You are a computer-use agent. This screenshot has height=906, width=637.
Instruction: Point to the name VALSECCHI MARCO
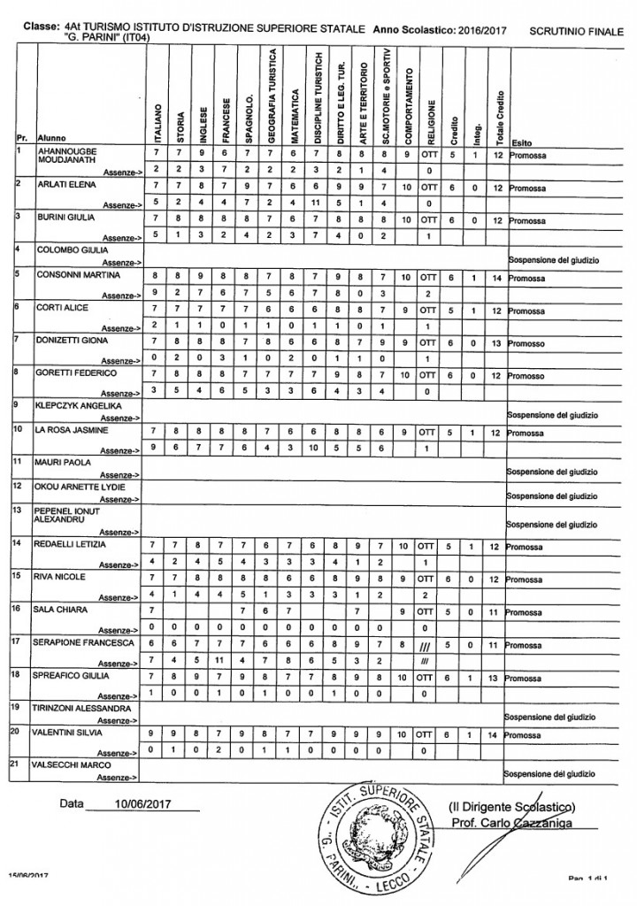click(68, 764)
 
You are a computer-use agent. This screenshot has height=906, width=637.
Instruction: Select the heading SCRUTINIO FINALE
click(575, 30)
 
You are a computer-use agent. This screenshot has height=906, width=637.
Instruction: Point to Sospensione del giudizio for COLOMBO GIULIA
click(552, 260)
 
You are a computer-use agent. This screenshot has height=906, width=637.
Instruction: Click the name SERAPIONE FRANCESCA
click(83, 641)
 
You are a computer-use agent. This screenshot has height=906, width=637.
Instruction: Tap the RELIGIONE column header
click(430, 116)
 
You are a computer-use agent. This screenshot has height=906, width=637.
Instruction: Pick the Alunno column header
click(51, 139)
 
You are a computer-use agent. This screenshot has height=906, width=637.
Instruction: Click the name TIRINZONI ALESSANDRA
click(84, 708)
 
